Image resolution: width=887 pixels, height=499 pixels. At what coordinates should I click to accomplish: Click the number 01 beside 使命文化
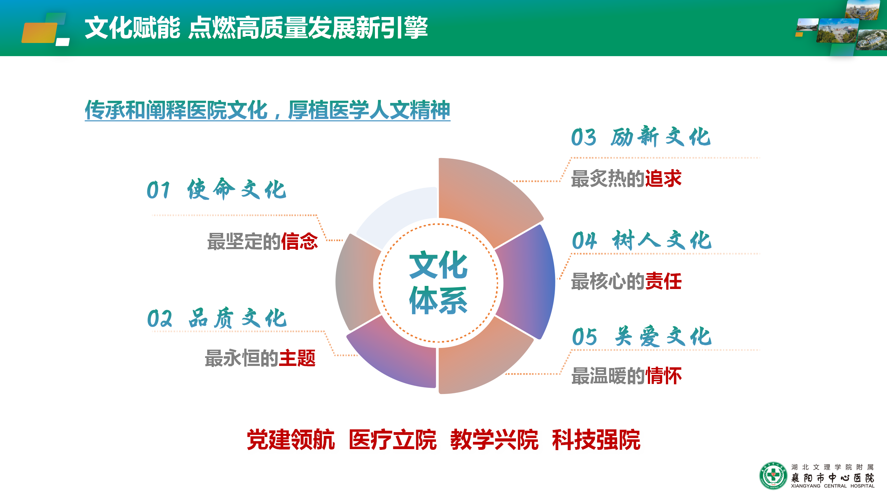coord(158,190)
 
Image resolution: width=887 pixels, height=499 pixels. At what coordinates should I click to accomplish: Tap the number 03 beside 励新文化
coord(583,137)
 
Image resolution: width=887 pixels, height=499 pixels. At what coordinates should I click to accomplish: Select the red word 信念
coord(299,241)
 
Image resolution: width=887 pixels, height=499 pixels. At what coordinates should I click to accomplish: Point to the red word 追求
coord(663,179)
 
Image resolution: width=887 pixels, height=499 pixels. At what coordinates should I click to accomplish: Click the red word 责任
coord(663,281)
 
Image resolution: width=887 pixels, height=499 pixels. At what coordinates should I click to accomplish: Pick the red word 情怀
coord(663,376)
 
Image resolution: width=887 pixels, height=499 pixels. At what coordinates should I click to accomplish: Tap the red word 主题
coord(297,358)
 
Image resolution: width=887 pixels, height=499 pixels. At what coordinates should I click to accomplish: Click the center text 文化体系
coord(438,282)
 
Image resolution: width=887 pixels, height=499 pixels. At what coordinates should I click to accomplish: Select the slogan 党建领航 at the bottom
coord(290,439)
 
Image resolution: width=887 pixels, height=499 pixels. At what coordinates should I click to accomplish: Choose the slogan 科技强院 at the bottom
coord(596,439)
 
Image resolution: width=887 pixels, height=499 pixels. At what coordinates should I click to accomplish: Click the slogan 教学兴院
coord(494,439)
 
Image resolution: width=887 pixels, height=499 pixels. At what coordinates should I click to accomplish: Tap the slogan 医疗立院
coord(392,439)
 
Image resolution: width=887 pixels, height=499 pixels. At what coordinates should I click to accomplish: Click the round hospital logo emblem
coord(773,476)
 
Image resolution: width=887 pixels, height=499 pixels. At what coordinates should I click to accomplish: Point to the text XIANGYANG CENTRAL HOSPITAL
coord(832,486)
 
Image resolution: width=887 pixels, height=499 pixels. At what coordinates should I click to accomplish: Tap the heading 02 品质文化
coord(217,318)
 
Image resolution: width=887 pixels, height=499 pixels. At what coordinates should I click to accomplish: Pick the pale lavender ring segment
coord(398,215)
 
